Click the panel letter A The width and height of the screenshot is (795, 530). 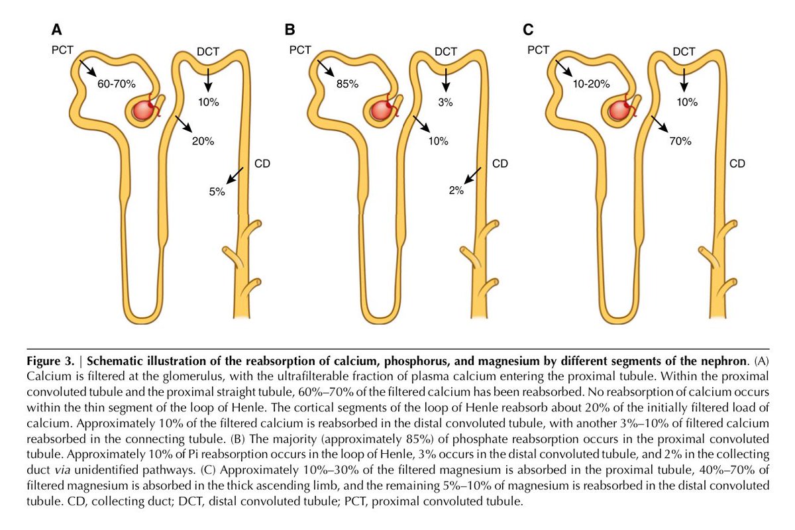pyautogui.click(x=58, y=30)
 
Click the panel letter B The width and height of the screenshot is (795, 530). pyautogui.click(x=290, y=30)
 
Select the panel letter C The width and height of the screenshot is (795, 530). pyautogui.click(x=528, y=30)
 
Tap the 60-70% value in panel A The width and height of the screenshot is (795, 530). pyautogui.click(x=117, y=84)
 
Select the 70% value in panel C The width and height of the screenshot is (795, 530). pyautogui.click(x=680, y=141)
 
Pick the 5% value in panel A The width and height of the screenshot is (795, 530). pyautogui.click(x=217, y=191)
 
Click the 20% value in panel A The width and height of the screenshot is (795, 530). pyautogui.click(x=203, y=141)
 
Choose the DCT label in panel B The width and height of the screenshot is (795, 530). pyautogui.click(x=446, y=52)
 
